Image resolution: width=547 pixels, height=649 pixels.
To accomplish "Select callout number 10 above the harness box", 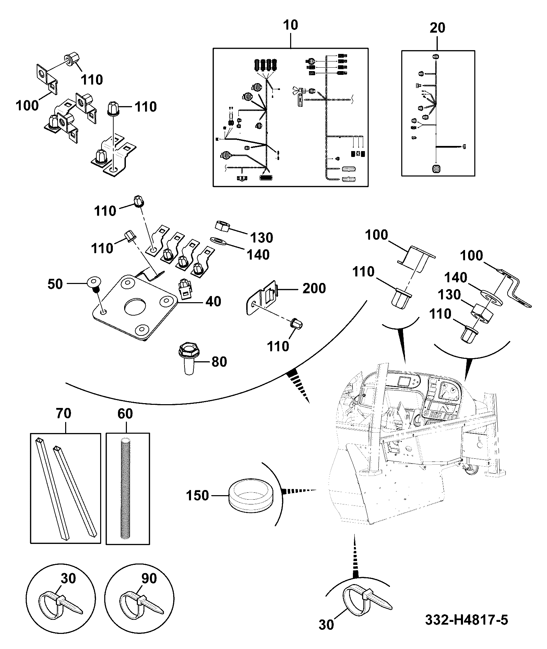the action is (290, 25).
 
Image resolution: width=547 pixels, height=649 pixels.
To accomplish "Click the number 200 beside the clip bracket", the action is (314, 288).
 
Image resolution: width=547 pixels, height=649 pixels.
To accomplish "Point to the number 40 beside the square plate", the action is (213, 301).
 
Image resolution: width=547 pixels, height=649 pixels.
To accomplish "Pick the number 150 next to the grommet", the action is (197, 496).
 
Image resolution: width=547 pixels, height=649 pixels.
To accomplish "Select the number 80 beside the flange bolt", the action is (219, 362).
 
